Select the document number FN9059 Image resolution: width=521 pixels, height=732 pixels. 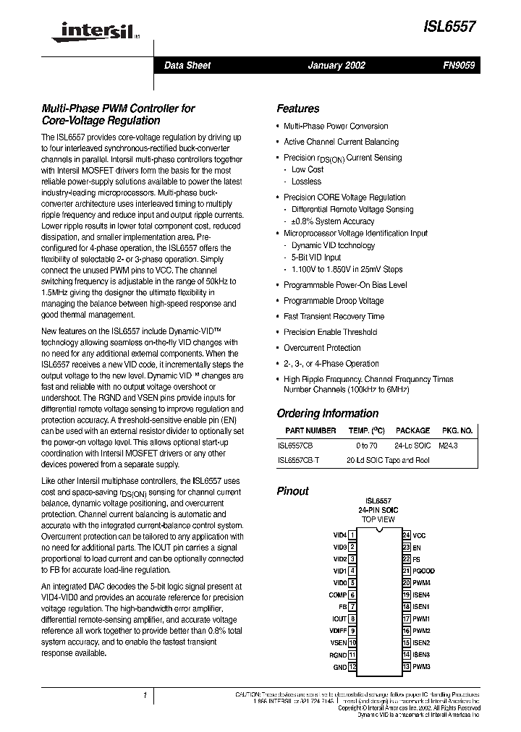click(x=459, y=65)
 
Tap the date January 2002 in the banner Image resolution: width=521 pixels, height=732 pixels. click(x=336, y=65)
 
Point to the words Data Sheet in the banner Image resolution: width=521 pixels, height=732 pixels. click(x=187, y=65)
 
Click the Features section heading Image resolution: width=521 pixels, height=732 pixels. click(x=297, y=108)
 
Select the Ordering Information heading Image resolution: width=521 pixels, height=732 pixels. click(x=327, y=414)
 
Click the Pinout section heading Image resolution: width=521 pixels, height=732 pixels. click(x=292, y=491)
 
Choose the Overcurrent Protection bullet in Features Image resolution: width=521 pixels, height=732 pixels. click(x=322, y=348)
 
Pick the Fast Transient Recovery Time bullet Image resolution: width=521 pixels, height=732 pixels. click(x=334, y=316)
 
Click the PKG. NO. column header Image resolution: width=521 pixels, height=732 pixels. click(x=457, y=430)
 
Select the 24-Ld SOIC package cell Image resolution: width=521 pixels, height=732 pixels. click(x=412, y=446)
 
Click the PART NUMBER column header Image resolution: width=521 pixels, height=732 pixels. click(x=307, y=430)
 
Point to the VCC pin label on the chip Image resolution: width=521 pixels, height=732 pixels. click(x=419, y=535)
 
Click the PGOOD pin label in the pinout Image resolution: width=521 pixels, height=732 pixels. click(x=423, y=571)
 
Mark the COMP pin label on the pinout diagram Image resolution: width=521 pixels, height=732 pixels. click(x=337, y=595)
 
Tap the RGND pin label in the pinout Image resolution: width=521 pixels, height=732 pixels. click(x=338, y=654)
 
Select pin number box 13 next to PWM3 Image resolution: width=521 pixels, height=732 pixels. click(x=407, y=666)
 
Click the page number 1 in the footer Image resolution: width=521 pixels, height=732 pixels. click(x=145, y=696)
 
